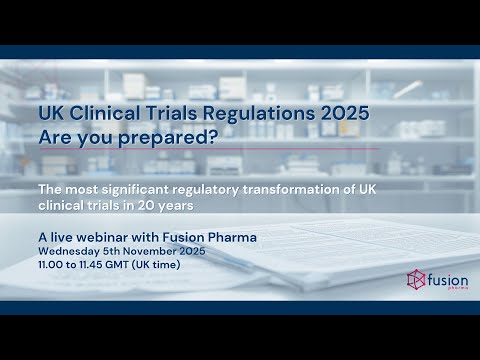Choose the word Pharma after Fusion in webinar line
pos(232,236)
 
